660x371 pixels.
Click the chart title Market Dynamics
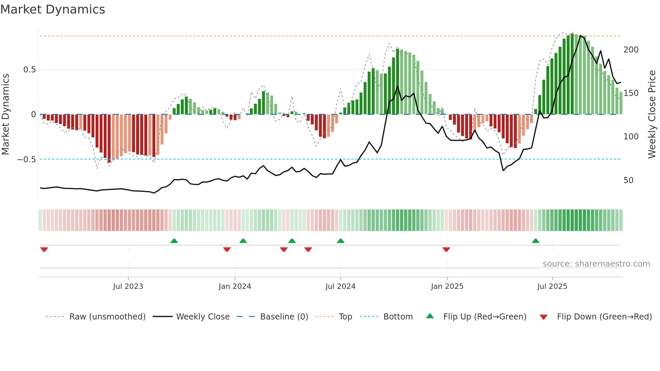click(53, 9)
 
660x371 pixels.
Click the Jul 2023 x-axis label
click(128, 286)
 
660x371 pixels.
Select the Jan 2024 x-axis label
click(235, 286)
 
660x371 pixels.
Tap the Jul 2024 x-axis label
click(340, 286)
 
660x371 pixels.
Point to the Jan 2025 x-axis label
click(447, 286)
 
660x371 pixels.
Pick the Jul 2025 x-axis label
click(552, 286)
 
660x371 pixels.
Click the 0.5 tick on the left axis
click(29, 70)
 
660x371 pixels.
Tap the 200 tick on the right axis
click(631, 50)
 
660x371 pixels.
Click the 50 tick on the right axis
click(628, 180)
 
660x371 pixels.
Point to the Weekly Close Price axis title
click(652, 114)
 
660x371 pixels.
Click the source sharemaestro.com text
click(596, 264)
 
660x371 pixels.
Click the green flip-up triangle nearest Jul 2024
click(340, 241)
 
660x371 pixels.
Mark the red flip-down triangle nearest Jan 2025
click(446, 249)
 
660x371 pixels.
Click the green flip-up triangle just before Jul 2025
click(535, 241)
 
